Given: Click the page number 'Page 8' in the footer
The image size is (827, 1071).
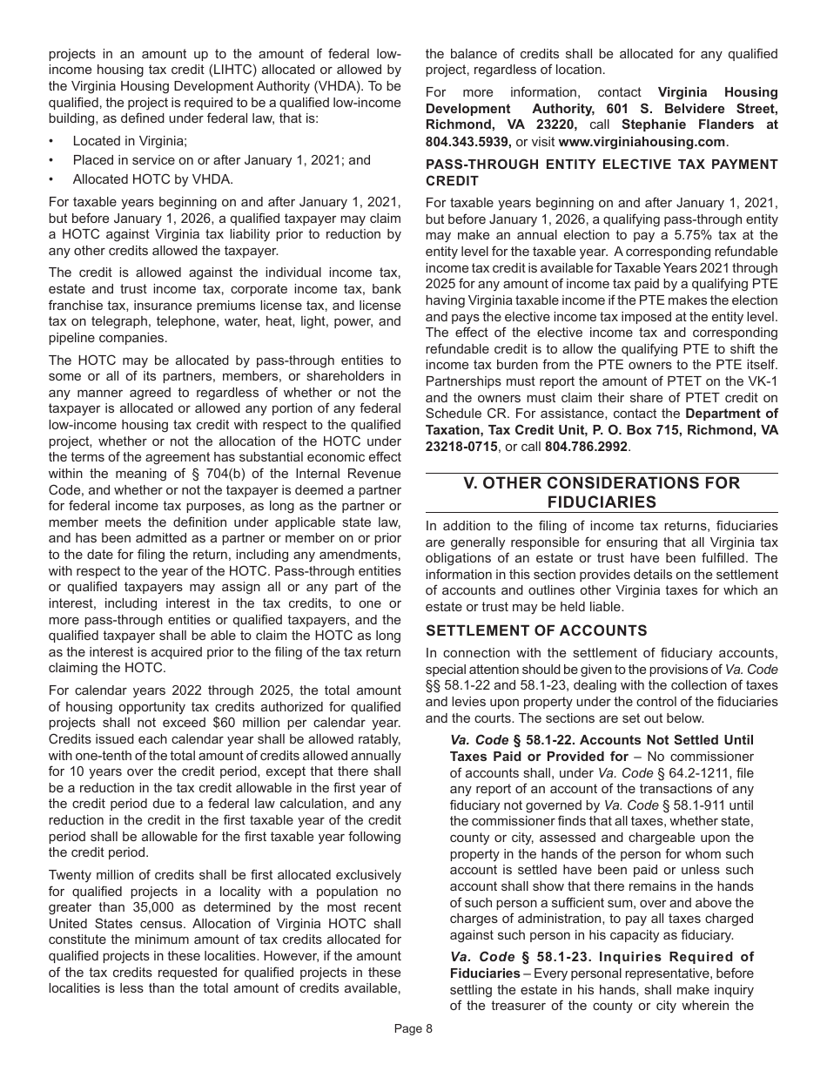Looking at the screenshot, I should click(x=413, y=1028).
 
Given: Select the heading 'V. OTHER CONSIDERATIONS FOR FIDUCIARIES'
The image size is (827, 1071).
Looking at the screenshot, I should click(x=602, y=493).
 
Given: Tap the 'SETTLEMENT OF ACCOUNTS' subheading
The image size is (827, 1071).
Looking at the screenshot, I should click(x=535, y=630).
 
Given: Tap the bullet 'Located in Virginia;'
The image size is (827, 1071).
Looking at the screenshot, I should click(x=130, y=140).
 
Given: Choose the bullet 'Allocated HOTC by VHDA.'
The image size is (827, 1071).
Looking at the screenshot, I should click(x=153, y=180).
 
